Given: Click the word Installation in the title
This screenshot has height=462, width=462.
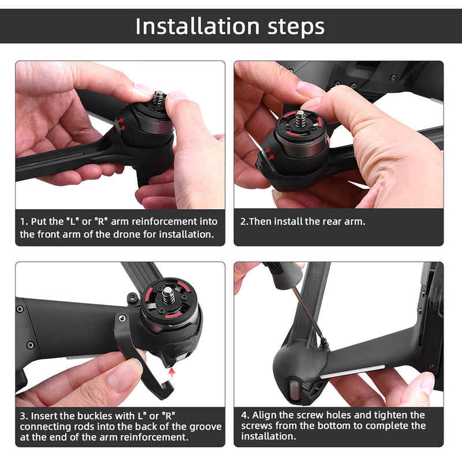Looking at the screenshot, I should (196, 26).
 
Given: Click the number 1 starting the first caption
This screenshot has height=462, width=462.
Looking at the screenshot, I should (23, 221).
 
